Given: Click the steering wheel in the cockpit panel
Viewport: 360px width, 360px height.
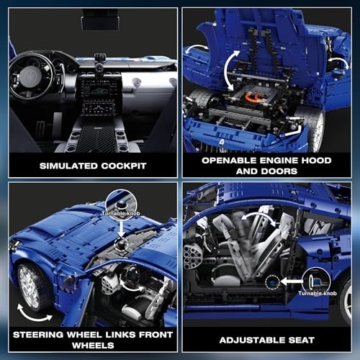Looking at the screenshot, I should click(x=37, y=75).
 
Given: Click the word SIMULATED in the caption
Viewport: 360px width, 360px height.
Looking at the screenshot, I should click(x=72, y=166).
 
